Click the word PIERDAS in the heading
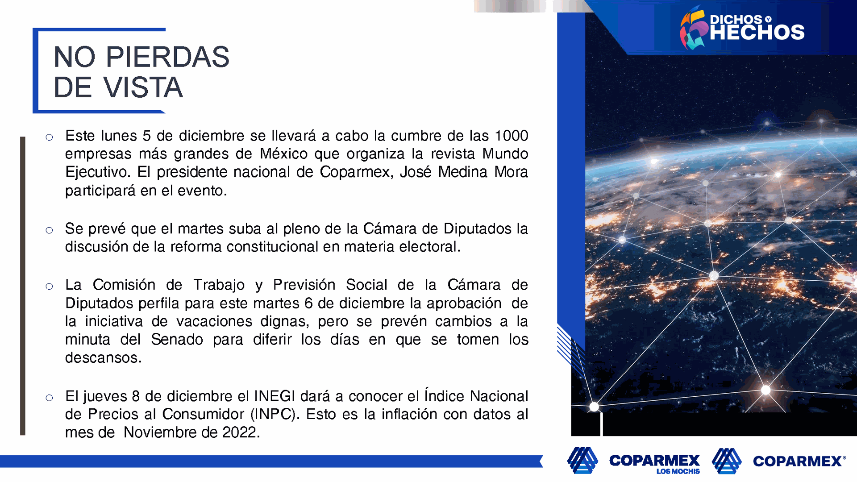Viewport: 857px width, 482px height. [x=167, y=57]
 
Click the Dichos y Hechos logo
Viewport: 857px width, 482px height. [x=742, y=28]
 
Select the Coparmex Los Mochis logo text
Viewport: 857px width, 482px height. [x=654, y=463]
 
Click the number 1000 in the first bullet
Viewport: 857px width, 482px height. [x=512, y=136]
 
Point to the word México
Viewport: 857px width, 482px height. [x=284, y=154]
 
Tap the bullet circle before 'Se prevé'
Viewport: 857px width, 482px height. [x=49, y=230]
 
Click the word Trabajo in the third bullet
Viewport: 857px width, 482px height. [x=219, y=285]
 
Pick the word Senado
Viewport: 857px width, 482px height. [x=177, y=340]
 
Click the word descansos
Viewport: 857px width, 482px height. [x=104, y=358]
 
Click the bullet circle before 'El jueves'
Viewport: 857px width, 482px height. [x=49, y=398]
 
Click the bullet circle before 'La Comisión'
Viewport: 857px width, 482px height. [x=49, y=286]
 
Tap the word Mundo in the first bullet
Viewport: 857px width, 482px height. [x=505, y=154]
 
